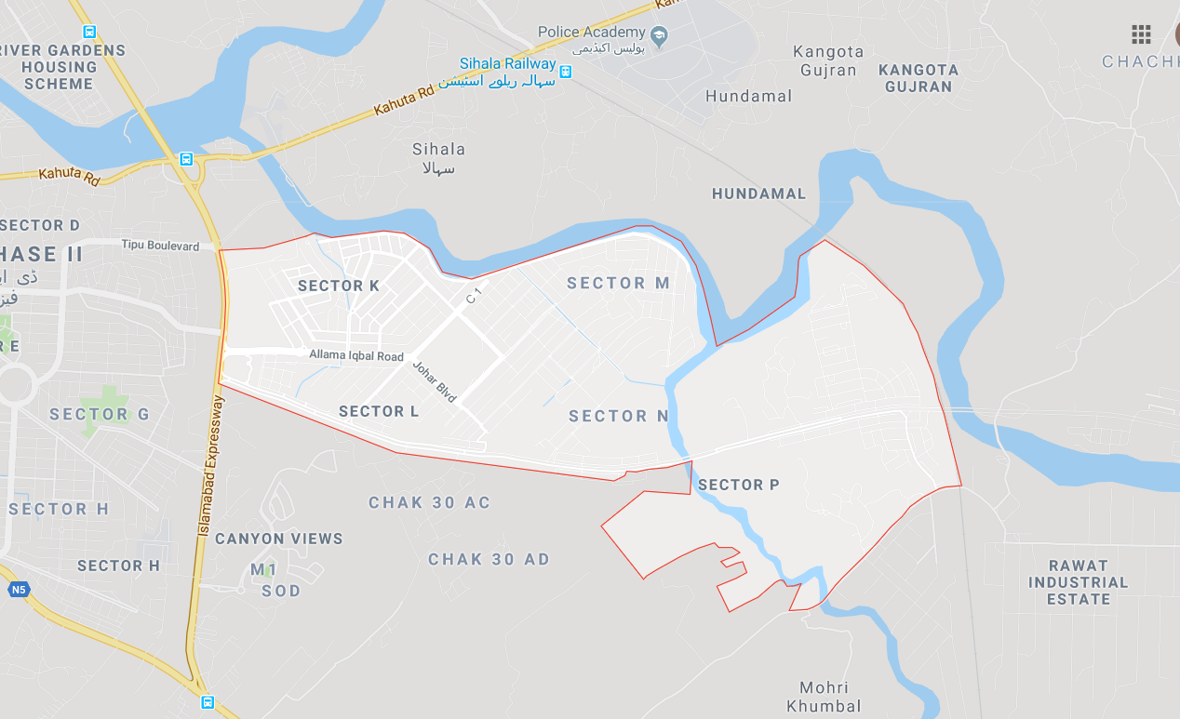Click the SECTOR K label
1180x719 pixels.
[x=339, y=286]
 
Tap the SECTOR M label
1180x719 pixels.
[x=618, y=283]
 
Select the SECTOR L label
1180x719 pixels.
[x=379, y=411]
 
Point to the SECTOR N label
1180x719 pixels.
[x=618, y=416]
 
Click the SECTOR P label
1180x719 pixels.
[x=738, y=485]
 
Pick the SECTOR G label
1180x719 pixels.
[x=100, y=414]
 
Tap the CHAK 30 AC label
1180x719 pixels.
[x=429, y=502]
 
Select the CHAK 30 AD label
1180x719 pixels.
[x=489, y=559]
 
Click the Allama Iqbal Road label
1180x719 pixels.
[x=356, y=356]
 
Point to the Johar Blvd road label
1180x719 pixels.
[x=435, y=381]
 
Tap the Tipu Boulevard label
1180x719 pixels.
[x=160, y=246]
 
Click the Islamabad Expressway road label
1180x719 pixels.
[x=209, y=466]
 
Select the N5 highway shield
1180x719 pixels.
[x=18, y=590]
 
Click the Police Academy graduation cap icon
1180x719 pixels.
[x=659, y=35]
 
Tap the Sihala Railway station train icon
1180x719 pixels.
[x=566, y=71]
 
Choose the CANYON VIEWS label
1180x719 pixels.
[x=278, y=539]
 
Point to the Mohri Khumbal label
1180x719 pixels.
[x=824, y=697]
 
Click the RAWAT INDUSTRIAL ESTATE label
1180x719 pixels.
[x=1078, y=582]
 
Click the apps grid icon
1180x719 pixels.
[x=1141, y=35]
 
